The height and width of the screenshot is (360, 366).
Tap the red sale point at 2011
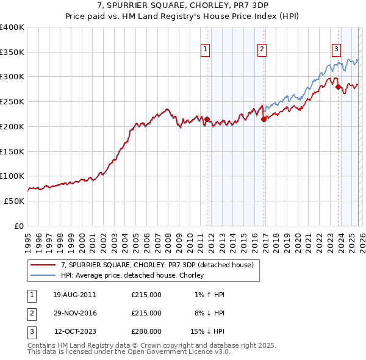207,120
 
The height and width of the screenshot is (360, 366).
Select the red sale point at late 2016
264,120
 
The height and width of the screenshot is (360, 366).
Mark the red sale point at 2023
338,87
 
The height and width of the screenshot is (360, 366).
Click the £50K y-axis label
14,201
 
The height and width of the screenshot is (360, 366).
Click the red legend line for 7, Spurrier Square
43,265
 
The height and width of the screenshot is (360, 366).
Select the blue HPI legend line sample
43,275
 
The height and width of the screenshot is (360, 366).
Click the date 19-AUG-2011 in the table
74,295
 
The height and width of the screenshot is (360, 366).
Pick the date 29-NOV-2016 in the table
74,313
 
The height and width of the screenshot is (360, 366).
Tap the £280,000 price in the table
146,331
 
